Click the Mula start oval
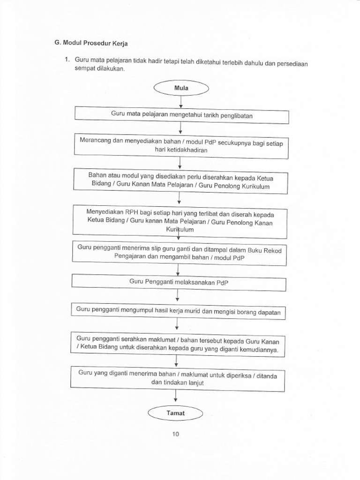tap(180, 87)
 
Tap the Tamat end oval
tap(175, 413)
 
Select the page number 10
tap(175, 434)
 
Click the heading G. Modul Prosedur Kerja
tap(92, 43)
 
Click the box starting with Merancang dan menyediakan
tap(181, 145)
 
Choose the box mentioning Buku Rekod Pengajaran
tap(179, 252)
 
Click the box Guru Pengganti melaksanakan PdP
tap(179, 283)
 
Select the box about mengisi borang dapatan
tap(178, 311)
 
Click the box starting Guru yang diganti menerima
tap(177, 378)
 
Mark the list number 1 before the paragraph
tap(67, 60)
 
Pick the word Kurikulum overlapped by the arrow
tap(179, 230)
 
